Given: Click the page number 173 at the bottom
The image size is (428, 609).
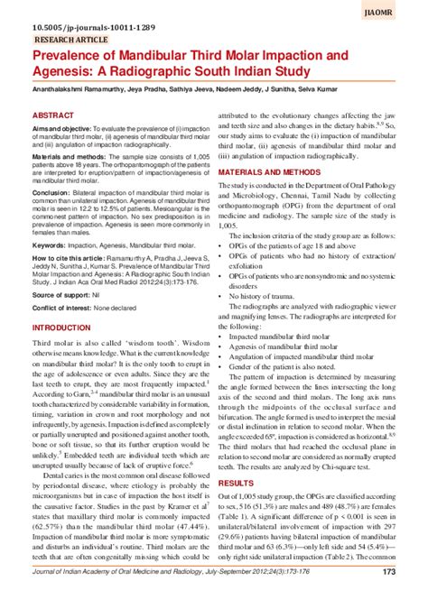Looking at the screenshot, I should tap(389, 596).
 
